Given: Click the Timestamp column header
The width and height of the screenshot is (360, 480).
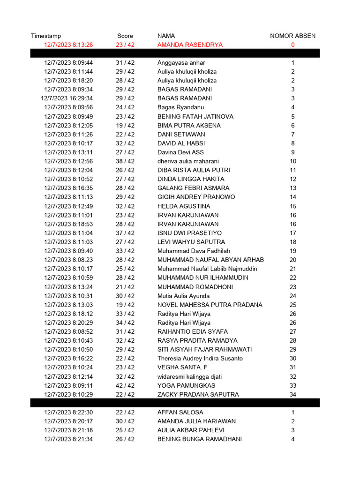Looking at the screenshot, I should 46,36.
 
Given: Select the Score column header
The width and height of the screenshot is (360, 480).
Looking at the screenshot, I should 125,36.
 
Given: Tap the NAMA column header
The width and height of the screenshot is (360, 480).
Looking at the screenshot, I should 166,36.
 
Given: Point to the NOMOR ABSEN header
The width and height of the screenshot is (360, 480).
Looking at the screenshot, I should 292,36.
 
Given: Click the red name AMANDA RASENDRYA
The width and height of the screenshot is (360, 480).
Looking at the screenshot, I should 190,45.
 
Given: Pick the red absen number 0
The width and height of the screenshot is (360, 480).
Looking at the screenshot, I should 293,45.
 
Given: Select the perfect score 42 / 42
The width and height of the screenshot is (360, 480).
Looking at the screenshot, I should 125,385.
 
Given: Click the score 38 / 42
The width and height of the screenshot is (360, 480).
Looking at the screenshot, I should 125,161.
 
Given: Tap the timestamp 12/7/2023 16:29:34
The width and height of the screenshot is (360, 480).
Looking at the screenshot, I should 67,98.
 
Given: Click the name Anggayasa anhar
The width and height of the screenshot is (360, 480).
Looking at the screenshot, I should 181,63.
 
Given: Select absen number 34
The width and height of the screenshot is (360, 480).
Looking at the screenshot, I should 293,394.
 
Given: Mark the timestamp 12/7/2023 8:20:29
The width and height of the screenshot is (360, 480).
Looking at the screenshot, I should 68,322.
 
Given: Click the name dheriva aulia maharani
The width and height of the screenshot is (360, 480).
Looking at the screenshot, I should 188,161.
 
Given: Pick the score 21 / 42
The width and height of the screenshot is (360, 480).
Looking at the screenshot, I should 125,287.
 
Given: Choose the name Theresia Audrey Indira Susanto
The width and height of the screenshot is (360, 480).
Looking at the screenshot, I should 200,359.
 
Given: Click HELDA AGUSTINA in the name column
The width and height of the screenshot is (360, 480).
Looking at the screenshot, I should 184,206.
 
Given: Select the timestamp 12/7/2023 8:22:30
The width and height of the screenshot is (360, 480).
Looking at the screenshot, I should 68,412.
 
